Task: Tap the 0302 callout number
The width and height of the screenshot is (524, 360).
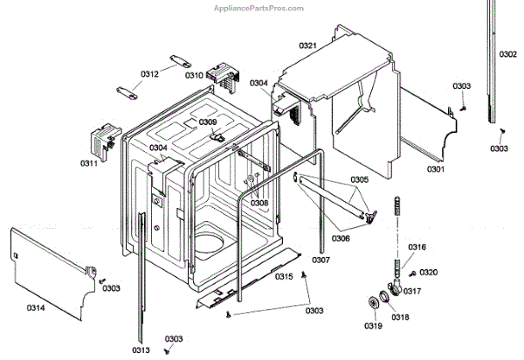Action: [x=507, y=54]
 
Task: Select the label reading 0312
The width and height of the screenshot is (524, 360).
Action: [x=149, y=74]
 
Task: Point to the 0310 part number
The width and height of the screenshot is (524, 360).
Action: [x=192, y=75]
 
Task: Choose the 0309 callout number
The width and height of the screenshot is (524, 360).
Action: [x=207, y=122]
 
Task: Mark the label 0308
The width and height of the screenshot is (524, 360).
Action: [x=259, y=203]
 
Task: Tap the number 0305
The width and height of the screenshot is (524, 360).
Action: [x=361, y=180]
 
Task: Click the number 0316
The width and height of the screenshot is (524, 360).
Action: [x=417, y=247]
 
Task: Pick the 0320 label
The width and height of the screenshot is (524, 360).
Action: [x=429, y=273]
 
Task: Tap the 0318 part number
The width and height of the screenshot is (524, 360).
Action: [x=397, y=317]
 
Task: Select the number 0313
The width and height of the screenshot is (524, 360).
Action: [x=141, y=350]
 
